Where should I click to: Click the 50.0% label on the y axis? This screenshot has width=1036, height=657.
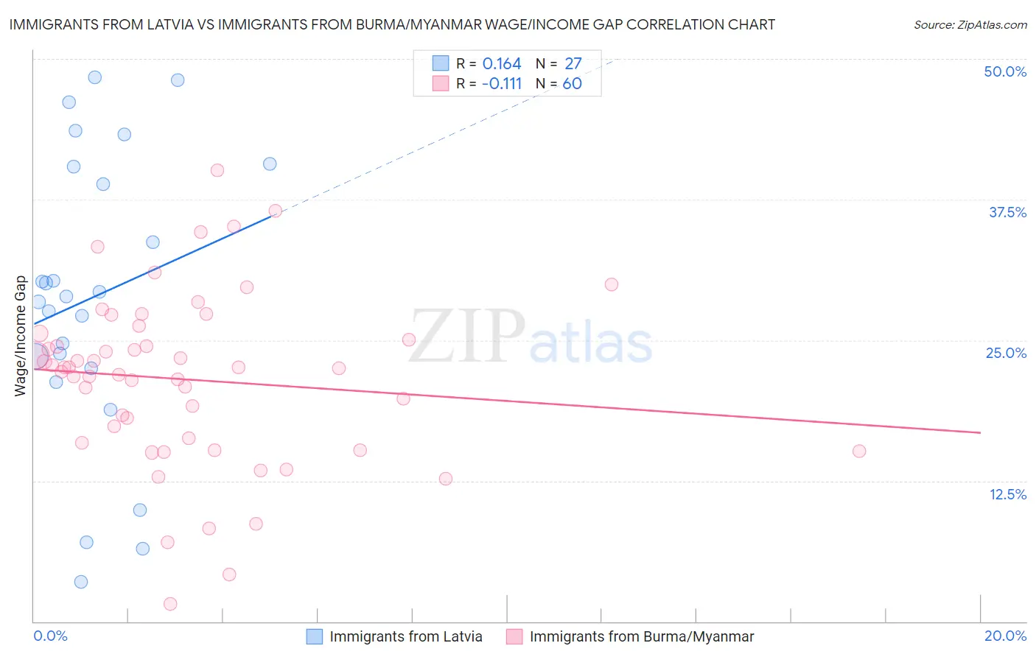[1005, 71]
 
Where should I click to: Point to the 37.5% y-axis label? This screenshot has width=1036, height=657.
[1007, 212]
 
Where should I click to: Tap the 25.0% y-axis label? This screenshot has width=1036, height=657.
[1006, 353]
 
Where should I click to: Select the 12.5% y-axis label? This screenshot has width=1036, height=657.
[1007, 494]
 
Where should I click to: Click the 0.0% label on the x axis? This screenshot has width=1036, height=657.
[50, 636]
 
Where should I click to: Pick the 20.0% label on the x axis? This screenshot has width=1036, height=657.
[1005, 636]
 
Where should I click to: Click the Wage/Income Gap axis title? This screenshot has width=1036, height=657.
[20, 336]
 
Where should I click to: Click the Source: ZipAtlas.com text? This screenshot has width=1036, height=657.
[970, 24]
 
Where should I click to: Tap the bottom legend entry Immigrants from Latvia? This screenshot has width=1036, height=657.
[405, 636]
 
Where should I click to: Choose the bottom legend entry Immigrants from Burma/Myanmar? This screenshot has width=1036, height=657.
[641, 636]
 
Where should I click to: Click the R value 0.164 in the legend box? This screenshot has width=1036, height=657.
[502, 64]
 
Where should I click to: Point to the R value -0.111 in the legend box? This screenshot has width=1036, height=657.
[501, 84]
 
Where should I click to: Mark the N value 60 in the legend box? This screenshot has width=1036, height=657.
[572, 84]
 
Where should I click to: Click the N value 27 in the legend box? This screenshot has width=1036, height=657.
[573, 64]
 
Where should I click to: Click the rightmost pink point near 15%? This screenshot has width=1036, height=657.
[858, 451]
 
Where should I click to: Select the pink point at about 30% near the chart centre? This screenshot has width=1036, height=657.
[611, 284]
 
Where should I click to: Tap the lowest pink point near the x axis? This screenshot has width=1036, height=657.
[170, 604]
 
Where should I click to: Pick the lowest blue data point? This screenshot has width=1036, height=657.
[81, 582]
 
